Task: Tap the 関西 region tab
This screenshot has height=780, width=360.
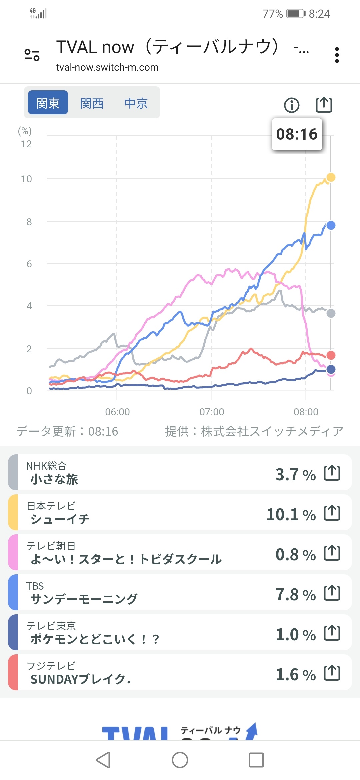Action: point(92,103)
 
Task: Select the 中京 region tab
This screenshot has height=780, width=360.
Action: point(136,103)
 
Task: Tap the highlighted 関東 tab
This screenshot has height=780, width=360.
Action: point(48,103)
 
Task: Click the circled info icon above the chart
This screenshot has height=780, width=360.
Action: point(292,105)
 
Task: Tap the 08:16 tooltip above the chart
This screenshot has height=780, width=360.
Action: point(297,134)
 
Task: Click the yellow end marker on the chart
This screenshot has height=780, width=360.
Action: point(331,177)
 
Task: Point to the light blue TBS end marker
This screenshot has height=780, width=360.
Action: point(331,225)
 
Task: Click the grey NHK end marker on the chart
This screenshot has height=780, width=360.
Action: point(331,313)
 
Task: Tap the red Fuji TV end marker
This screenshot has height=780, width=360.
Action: point(331,355)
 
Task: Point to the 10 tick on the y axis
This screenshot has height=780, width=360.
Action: point(26,179)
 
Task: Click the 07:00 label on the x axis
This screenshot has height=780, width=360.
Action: point(212,412)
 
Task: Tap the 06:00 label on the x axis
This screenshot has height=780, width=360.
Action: point(117,412)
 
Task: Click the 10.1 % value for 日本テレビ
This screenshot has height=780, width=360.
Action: point(291,515)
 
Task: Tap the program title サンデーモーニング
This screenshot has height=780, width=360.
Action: point(84,599)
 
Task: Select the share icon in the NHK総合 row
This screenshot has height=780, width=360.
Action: point(332,473)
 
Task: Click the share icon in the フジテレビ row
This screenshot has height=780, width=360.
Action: point(332,673)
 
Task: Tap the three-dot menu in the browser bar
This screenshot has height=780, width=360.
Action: point(337,55)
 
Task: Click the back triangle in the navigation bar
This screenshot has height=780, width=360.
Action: point(103,760)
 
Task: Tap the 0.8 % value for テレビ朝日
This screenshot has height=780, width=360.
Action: point(295,555)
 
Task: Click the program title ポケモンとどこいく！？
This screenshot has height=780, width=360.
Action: point(95,639)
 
